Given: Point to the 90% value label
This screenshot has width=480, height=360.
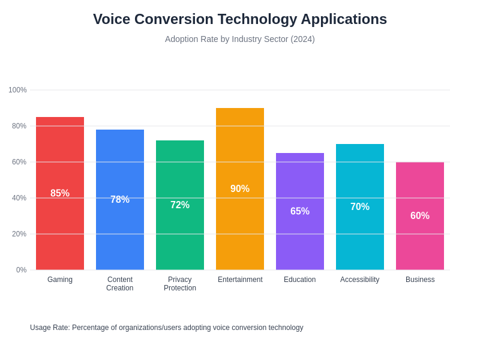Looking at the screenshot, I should click(240, 189).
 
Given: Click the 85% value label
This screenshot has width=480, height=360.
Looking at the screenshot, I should click(60, 193).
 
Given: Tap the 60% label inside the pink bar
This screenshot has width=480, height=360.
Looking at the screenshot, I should click(420, 216).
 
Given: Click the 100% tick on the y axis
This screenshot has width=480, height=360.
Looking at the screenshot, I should click(17, 90).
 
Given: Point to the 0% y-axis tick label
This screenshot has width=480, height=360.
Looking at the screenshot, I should click(21, 270).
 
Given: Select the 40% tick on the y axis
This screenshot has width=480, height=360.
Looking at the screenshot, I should click(19, 198).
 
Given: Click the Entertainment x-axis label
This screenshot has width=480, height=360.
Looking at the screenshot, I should click(240, 280).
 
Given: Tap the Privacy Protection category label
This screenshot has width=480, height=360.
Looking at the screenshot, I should click(180, 284).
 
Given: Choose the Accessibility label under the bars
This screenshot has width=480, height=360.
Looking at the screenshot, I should click(360, 280).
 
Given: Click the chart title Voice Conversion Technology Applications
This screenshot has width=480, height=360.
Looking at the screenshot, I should click(240, 19).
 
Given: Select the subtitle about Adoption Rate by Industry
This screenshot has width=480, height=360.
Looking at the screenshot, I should click(240, 39).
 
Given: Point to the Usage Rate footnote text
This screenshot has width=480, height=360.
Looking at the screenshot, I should click(167, 328).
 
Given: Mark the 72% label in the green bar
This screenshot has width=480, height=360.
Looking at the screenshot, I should click(180, 205).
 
